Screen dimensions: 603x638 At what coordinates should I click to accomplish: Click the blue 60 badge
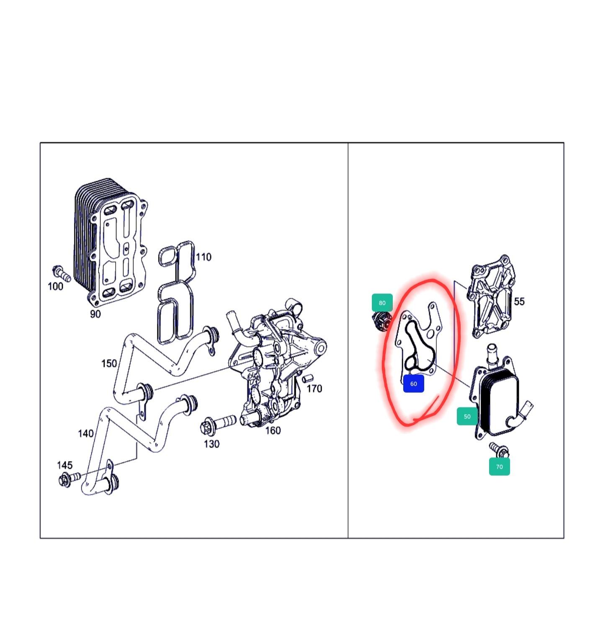click(413, 384)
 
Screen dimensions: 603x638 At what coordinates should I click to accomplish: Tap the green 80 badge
click(382, 303)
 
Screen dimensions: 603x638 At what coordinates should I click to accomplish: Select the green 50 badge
click(467, 416)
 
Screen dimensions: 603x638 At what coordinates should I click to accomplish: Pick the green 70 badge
click(500, 467)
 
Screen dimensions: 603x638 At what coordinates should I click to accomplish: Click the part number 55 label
click(519, 301)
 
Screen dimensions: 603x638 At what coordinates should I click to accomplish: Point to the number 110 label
click(204, 257)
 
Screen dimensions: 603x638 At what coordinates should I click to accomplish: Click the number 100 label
click(55, 286)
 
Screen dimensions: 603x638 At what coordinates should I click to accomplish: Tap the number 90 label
click(95, 314)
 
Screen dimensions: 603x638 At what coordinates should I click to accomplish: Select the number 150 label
click(109, 363)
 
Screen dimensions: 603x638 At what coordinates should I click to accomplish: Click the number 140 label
click(86, 433)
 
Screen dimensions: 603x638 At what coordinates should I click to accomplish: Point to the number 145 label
click(64, 465)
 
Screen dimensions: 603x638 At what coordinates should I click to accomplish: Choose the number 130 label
click(211, 443)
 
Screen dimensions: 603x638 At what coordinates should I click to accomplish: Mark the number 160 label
click(273, 431)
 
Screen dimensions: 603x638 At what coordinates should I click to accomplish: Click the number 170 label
click(314, 389)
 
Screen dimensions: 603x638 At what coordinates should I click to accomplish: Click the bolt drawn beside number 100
click(61, 273)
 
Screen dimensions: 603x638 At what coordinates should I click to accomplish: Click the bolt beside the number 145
click(69, 479)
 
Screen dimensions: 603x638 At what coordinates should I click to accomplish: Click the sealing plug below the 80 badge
click(382, 321)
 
